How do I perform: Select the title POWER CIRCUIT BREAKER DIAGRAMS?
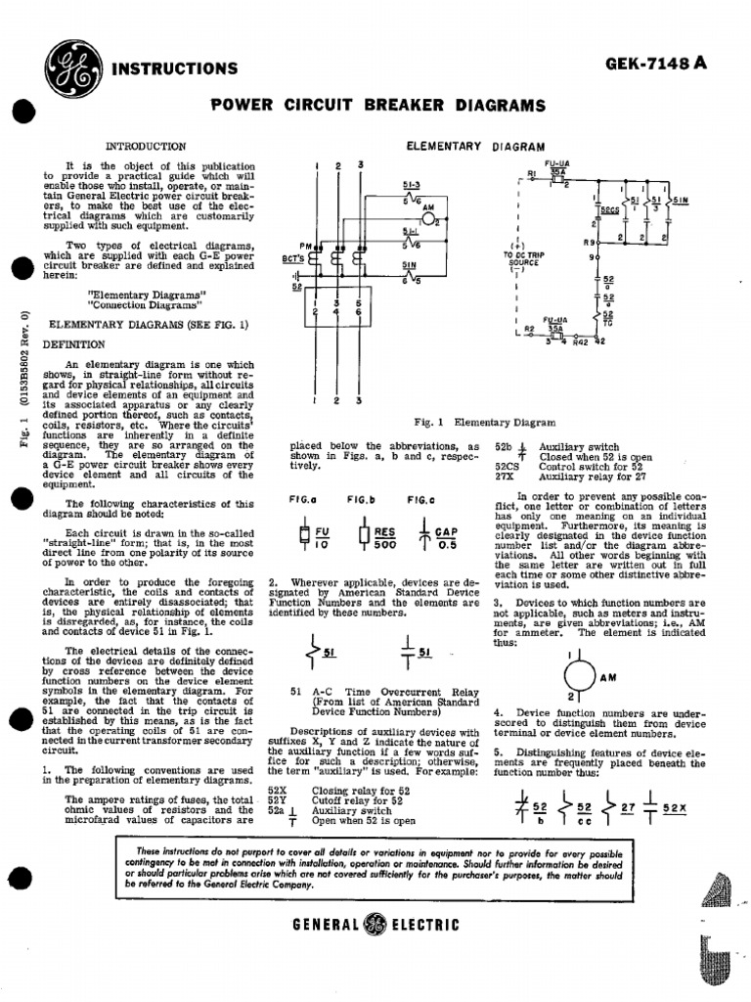point(378,105)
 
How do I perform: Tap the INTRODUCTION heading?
point(145,145)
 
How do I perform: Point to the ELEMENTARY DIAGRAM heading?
point(474,146)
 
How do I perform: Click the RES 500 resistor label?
point(385,540)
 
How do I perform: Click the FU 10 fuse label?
point(322,540)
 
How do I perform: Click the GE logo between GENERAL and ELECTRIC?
point(375,924)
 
